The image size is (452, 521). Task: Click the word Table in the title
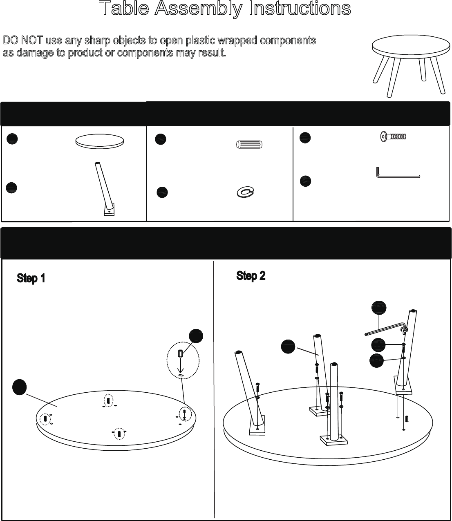click(124, 9)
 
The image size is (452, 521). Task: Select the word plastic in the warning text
click(201, 41)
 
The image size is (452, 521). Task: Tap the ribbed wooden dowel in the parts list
click(250, 145)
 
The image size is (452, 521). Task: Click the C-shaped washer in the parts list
click(245, 192)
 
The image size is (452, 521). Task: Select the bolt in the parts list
click(393, 136)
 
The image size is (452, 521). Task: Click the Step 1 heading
click(31, 278)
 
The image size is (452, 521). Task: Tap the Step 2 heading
click(251, 276)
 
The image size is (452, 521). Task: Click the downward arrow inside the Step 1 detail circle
click(180, 365)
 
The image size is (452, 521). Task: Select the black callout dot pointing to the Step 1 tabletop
click(19, 387)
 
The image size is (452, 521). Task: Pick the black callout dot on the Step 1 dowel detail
click(196, 336)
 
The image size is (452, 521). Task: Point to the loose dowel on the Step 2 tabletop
click(407, 419)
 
